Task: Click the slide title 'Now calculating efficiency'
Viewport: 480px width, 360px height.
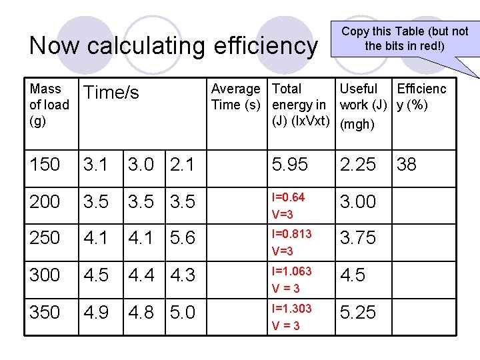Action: (x=173, y=46)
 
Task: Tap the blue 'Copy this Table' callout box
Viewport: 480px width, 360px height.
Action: (x=405, y=39)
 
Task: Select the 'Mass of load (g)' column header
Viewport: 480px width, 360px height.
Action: (x=49, y=105)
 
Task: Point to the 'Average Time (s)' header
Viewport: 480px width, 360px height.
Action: (x=235, y=97)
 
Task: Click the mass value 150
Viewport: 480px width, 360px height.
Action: (x=45, y=165)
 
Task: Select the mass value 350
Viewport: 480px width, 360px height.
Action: (x=45, y=313)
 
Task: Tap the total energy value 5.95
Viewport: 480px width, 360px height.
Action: (x=291, y=165)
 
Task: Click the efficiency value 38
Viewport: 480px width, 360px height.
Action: (x=406, y=165)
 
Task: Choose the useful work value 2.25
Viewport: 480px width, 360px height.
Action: (x=358, y=165)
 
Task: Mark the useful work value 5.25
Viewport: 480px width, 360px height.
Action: (x=358, y=313)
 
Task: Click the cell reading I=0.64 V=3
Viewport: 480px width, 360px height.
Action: (x=289, y=205)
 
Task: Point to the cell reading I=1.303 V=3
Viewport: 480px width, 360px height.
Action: (x=291, y=317)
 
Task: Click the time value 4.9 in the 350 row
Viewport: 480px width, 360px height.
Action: (x=95, y=313)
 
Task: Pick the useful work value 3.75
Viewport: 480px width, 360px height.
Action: (x=358, y=238)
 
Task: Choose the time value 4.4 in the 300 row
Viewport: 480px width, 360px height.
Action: (x=141, y=275)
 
